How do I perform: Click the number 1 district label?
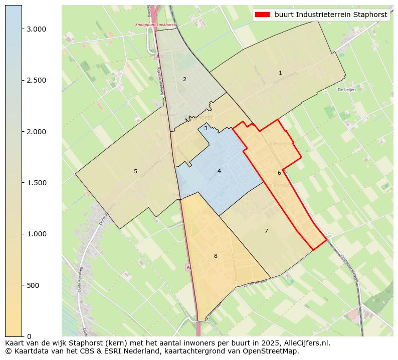[280, 73]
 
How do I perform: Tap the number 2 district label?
[184, 79]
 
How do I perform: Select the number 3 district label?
[206, 129]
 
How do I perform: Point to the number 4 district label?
[219, 171]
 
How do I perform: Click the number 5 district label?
[135, 171]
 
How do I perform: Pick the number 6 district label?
[279, 173]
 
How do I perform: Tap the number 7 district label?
[266, 231]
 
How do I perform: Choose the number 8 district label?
[216, 256]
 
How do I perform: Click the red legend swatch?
[263, 15]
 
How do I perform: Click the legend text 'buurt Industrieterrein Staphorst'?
[331, 15]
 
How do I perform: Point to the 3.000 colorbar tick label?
[36, 29]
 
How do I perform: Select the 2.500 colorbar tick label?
[36, 80]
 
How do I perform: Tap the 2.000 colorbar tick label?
[36, 132]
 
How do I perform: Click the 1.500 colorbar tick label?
[36, 183]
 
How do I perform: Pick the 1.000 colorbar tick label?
[36, 234]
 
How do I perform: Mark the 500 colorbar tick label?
[33, 285]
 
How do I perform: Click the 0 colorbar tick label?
[29, 336]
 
